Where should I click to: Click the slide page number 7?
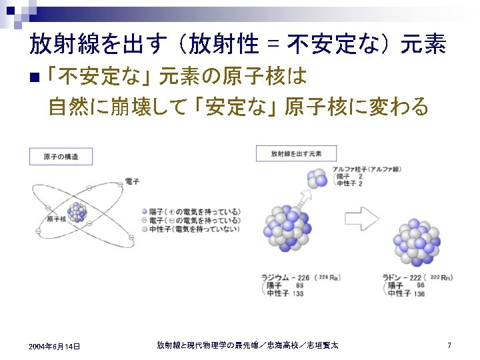click(x=449, y=345)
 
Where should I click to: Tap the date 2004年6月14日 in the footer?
click(x=55, y=346)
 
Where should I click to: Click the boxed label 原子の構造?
click(x=61, y=157)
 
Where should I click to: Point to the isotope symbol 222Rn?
click(x=441, y=277)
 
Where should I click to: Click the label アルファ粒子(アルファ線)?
click(x=367, y=169)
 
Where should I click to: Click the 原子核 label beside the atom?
click(x=57, y=218)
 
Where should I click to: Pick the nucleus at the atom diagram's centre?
click(x=77, y=212)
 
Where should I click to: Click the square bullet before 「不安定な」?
click(x=35, y=77)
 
